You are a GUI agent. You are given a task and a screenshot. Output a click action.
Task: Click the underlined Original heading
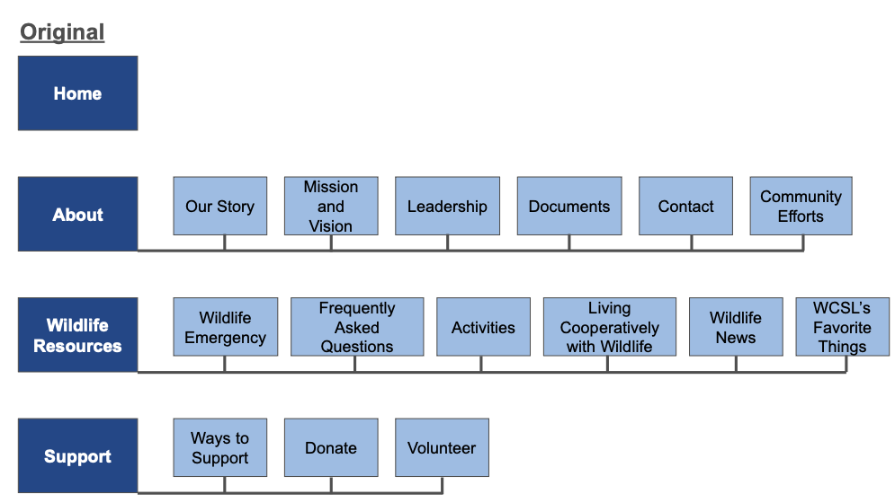tap(62, 32)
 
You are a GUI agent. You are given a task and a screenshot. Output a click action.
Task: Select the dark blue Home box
tap(77, 93)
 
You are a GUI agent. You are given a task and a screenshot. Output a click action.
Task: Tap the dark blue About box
tap(77, 214)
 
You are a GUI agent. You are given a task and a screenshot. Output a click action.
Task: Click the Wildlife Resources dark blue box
tap(77, 335)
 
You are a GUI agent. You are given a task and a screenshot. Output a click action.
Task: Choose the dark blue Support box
tap(77, 456)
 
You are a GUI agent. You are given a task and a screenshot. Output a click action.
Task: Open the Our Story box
tap(219, 207)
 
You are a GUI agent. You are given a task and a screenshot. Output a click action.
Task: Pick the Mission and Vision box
tap(331, 207)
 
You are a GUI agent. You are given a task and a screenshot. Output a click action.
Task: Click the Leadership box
tap(447, 207)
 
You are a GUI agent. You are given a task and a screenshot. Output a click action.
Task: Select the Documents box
tap(569, 207)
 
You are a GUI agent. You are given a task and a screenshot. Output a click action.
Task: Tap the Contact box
tap(685, 207)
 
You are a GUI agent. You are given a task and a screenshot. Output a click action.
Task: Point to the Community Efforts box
tap(801, 207)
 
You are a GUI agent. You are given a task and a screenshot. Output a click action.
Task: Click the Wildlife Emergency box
tap(225, 328)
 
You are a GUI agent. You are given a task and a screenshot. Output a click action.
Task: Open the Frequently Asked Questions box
tap(357, 328)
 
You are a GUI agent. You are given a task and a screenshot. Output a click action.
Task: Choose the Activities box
tap(483, 328)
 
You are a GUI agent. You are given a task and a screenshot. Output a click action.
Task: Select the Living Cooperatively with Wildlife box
tap(609, 328)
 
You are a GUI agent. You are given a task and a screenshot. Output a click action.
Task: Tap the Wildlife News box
tap(736, 328)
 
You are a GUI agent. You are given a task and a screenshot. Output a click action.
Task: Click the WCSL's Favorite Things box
tap(843, 328)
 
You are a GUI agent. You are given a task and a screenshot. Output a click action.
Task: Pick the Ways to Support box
tap(219, 447)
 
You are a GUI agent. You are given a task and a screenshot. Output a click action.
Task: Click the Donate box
tap(331, 447)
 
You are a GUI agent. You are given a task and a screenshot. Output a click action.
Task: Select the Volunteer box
tap(442, 447)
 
